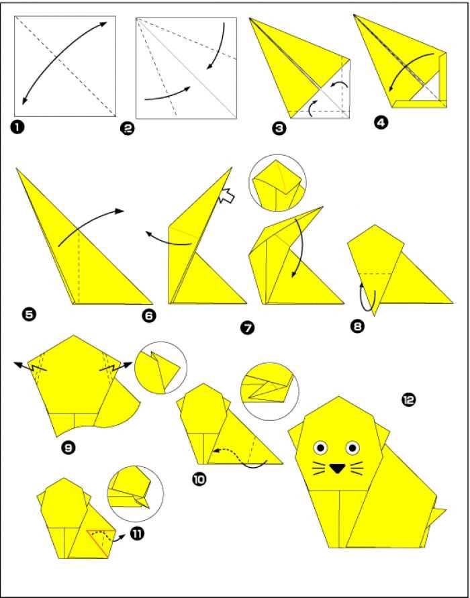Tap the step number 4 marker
click(381, 123)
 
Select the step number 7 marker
click(247, 328)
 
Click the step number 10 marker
click(199, 479)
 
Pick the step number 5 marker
click(29, 315)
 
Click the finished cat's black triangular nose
click(337, 468)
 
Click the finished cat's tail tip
click(444, 509)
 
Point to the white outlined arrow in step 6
click(227, 197)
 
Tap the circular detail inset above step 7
click(277, 183)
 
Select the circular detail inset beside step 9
click(161, 368)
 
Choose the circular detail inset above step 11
click(135, 493)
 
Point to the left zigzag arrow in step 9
click(30, 367)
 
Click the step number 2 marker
click(128, 130)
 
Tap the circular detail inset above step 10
click(271, 392)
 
